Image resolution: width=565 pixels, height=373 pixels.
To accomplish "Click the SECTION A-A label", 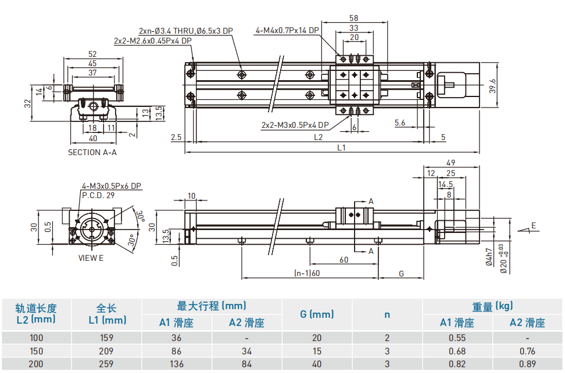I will coord(92,153).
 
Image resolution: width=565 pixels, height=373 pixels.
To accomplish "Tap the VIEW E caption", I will coord(91,258).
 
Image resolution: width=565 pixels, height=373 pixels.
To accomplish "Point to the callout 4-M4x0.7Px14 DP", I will coord(287,30).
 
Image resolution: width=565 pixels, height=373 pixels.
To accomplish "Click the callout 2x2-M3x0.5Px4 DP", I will coord(295,124).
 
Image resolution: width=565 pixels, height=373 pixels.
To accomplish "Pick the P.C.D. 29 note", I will coord(98,195).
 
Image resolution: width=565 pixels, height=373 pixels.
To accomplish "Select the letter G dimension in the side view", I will coord(401,273).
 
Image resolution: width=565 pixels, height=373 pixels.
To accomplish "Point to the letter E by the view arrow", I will coord(534,225).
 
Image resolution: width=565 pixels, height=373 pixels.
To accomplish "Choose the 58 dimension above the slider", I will coord(354,18).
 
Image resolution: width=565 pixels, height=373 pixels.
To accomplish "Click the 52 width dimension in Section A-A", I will coord(92,54).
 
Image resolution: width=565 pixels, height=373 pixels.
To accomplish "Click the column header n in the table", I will coord(387,314).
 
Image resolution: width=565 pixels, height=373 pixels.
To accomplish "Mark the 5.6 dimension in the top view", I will coord(400,122).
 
